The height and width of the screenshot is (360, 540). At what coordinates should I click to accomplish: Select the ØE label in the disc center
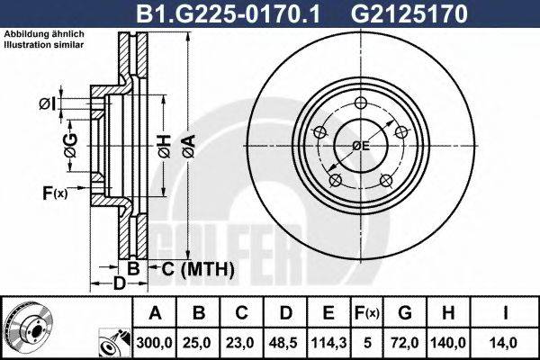click(x=361, y=145)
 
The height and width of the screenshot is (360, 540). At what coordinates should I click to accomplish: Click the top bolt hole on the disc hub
click(x=361, y=102)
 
